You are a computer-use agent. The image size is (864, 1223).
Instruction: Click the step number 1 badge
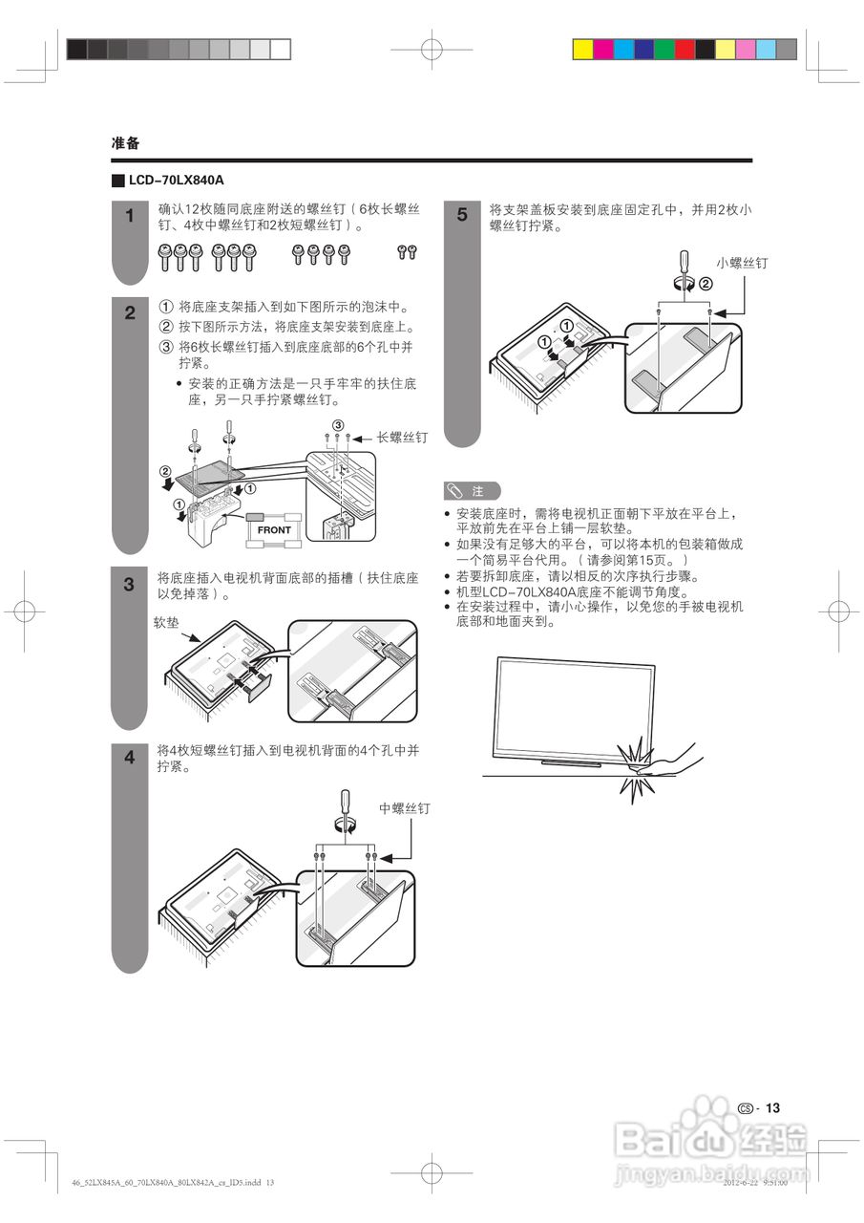point(130,216)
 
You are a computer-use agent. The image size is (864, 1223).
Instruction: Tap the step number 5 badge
point(462,215)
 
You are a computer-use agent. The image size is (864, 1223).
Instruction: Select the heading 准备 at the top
point(125,143)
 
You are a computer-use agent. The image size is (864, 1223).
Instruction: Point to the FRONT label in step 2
point(274,529)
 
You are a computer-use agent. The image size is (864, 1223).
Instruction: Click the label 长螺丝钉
point(402,437)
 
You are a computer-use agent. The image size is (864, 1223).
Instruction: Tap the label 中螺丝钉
point(405,808)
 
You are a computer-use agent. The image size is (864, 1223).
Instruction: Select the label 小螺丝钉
point(742,262)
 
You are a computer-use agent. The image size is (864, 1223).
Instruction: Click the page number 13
point(772,1107)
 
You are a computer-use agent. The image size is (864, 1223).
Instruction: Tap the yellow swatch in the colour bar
point(582,50)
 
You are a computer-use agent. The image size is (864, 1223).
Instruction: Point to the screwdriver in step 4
point(345,810)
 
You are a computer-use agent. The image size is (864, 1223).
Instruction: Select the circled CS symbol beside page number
point(746,1108)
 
